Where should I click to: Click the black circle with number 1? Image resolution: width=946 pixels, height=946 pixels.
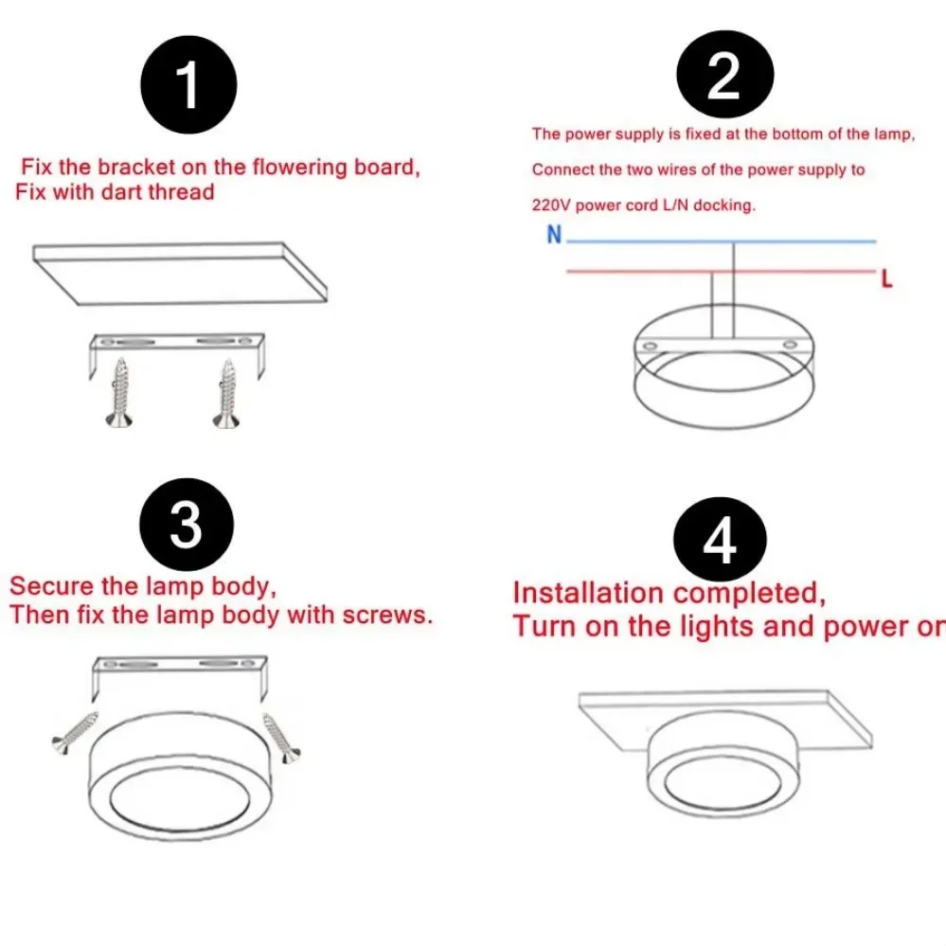188,85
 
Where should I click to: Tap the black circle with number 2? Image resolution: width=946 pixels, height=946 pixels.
723,75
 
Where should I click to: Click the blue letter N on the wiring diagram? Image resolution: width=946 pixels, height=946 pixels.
554,235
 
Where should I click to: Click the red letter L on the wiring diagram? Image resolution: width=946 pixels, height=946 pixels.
886,280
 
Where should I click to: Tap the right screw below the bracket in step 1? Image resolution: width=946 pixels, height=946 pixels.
226,392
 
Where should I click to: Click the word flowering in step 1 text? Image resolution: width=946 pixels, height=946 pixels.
288,168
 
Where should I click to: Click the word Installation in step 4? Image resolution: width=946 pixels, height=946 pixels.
587,594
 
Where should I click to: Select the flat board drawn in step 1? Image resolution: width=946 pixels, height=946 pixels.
180,271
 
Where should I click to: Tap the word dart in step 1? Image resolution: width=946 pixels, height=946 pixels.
114,192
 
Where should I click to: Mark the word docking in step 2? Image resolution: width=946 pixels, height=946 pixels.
724,205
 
